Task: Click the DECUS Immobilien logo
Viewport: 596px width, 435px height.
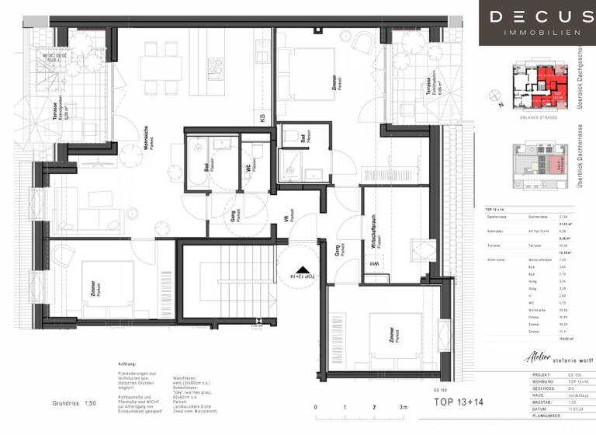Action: tap(537, 23)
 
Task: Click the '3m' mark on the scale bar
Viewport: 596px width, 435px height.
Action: tap(403, 407)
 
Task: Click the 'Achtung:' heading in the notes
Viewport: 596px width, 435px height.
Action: tap(127, 364)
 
